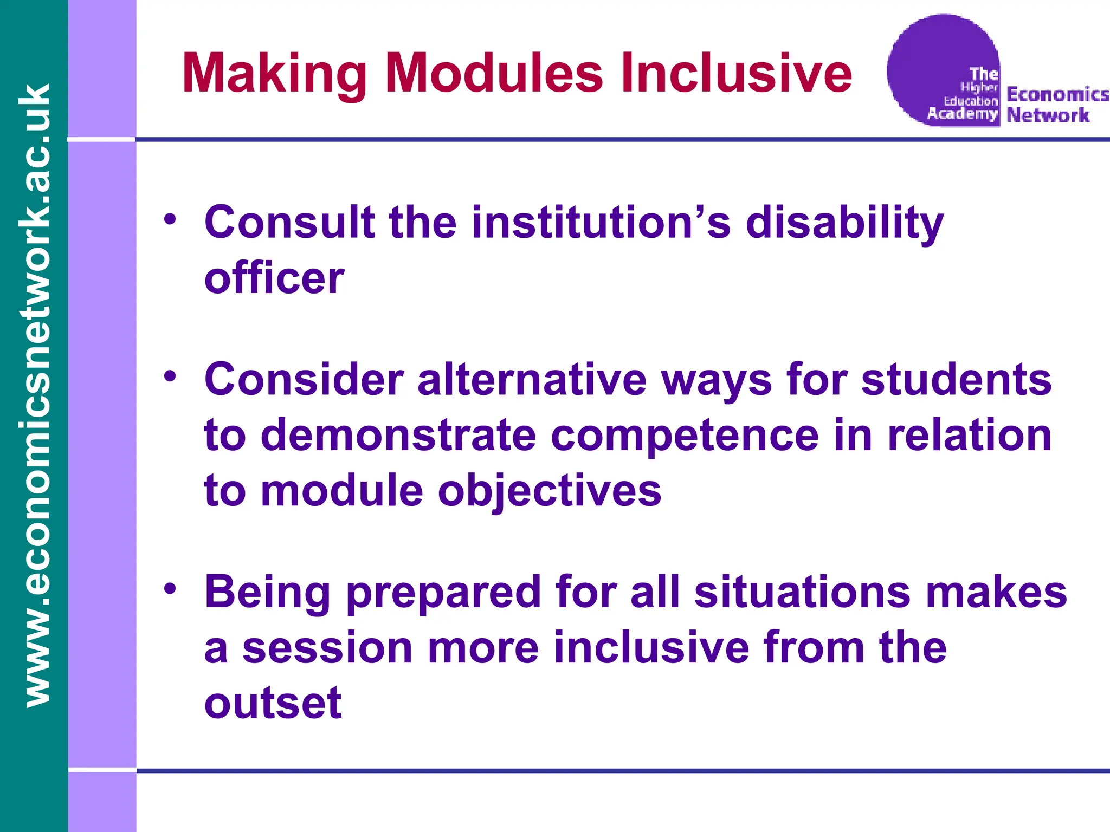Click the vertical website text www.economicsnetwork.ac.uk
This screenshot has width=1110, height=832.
(35, 395)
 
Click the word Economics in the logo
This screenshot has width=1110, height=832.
(1057, 94)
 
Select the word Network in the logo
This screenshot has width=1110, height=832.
(1048, 115)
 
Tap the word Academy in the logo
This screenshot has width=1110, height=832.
(962, 113)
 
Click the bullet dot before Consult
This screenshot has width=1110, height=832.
(170, 219)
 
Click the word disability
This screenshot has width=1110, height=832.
(844, 224)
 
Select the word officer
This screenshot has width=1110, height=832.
(274, 278)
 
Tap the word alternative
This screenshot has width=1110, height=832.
(532, 380)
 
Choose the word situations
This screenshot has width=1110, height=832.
(802, 592)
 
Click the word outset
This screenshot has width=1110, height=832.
(273, 703)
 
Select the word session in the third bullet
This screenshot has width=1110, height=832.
(327, 648)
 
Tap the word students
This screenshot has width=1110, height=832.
(956, 380)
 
